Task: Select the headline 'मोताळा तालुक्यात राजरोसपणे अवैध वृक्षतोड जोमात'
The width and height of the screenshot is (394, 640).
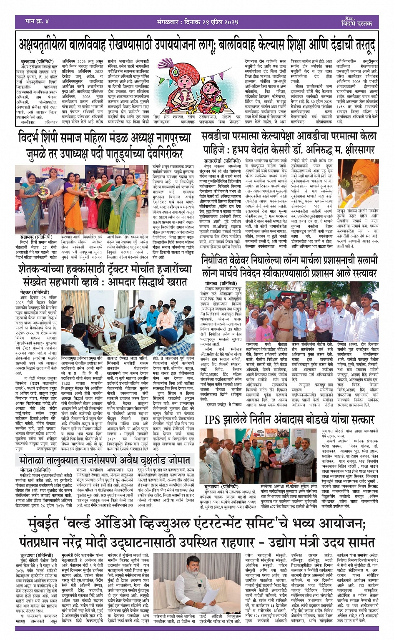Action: pyautogui.click(x=105, y=460)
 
